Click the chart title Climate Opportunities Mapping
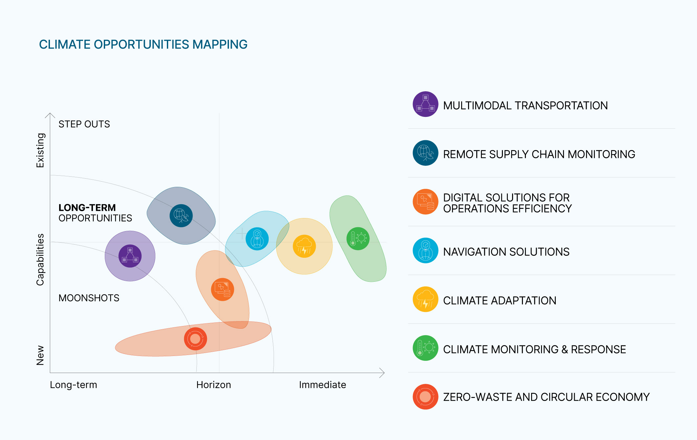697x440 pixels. click(x=143, y=44)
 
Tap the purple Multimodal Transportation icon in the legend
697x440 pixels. click(x=425, y=104)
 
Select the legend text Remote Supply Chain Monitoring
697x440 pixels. click(x=539, y=154)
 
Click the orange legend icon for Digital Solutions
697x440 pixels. click(x=425, y=202)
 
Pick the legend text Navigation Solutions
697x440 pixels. click(x=506, y=252)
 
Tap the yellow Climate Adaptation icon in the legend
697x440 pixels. click(x=425, y=299)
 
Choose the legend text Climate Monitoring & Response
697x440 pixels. click(x=534, y=349)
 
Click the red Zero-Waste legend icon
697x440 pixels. click(x=425, y=397)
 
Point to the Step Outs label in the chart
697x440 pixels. click(x=84, y=124)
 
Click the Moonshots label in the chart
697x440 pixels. click(x=89, y=298)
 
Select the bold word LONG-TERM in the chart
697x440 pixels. click(x=87, y=208)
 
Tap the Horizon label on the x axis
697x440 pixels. click(x=214, y=385)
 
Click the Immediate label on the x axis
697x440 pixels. click(x=322, y=385)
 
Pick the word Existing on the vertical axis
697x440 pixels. click(x=40, y=150)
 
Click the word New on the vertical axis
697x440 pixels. click(x=40, y=355)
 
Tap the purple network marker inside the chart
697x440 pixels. click(x=130, y=256)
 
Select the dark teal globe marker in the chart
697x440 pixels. click(x=181, y=216)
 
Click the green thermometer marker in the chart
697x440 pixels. click(x=358, y=239)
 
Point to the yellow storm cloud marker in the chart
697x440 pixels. click(x=304, y=246)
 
